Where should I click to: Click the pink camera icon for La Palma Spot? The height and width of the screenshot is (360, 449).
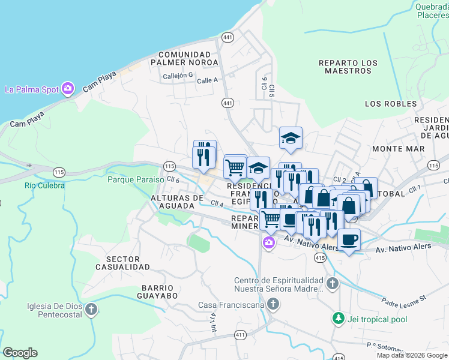tap(67, 89)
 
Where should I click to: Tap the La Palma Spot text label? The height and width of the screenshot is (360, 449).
tap(32, 90)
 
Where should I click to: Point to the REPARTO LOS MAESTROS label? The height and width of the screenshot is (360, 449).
tap(348, 67)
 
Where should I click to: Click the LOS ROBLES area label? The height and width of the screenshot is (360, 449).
tap(390, 104)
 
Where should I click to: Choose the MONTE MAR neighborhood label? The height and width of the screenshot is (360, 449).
tap(394, 148)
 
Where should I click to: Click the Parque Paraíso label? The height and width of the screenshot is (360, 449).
tap(136, 179)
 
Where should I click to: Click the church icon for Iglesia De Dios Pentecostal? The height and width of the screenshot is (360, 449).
tap(91, 310)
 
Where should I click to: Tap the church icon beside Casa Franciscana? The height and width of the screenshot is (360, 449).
tap(273, 305)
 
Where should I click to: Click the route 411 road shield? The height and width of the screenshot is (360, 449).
tap(241, 334)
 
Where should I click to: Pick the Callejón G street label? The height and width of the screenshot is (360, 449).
tap(178, 76)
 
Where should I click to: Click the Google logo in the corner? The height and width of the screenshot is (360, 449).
tap(20, 353)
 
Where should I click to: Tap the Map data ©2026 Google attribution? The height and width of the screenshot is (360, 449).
tap(412, 355)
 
